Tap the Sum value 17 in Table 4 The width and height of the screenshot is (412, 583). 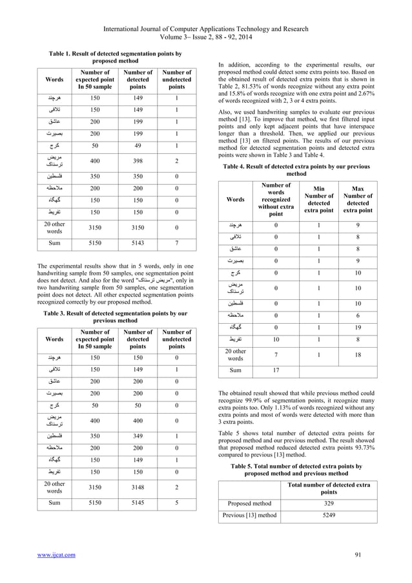[276, 371]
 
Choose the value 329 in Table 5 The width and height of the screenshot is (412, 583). [329, 502]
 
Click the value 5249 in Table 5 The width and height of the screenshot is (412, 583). [329, 515]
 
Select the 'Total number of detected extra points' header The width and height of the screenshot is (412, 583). [329, 488]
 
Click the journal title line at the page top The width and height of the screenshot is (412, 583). [207, 10]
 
